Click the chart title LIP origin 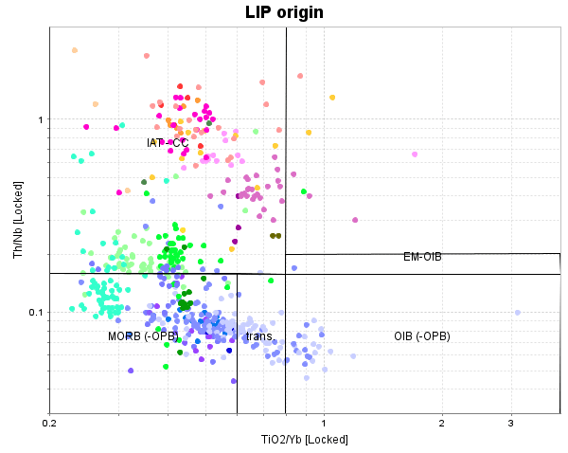coord(284,12)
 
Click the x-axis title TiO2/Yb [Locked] coord(304,440)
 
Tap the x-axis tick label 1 coord(324,424)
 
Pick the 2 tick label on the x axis coord(441,424)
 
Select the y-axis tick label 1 coord(41,119)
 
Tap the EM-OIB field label coord(422,257)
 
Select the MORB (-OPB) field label coord(142,336)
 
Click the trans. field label coord(259,336)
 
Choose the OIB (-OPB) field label coord(421,336)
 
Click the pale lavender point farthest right coord(518,313)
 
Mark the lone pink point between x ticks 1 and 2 coord(415,154)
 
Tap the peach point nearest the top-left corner coord(75,50)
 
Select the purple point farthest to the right coord(355,220)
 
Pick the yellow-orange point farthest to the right coord(332,98)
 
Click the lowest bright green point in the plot coord(166,366)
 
